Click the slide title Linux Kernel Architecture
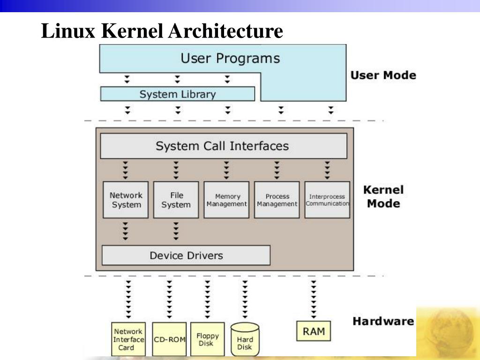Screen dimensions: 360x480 click(162, 31)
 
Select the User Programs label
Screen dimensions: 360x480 click(230, 59)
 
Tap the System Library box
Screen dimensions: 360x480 click(178, 94)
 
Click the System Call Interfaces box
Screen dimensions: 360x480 click(223, 146)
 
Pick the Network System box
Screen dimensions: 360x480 click(126, 200)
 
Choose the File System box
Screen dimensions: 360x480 click(176, 200)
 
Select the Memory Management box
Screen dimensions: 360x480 click(227, 200)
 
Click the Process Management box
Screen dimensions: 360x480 click(277, 200)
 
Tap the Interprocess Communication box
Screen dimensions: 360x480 click(327, 200)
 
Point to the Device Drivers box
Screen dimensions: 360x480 click(186, 255)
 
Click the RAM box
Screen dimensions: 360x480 click(314, 331)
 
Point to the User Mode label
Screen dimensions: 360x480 click(383, 75)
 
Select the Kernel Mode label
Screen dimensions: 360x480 click(383, 197)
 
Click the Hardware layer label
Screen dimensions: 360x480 click(383, 322)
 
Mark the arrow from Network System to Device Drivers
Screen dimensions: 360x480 click(126, 231)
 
